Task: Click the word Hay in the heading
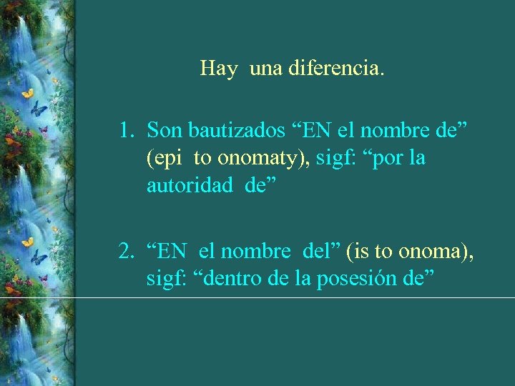point(218,69)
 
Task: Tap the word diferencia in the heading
point(337,69)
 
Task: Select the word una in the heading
point(266,69)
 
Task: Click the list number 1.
point(127,130)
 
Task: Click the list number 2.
point(127,252)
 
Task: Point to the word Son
point(163,130)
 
